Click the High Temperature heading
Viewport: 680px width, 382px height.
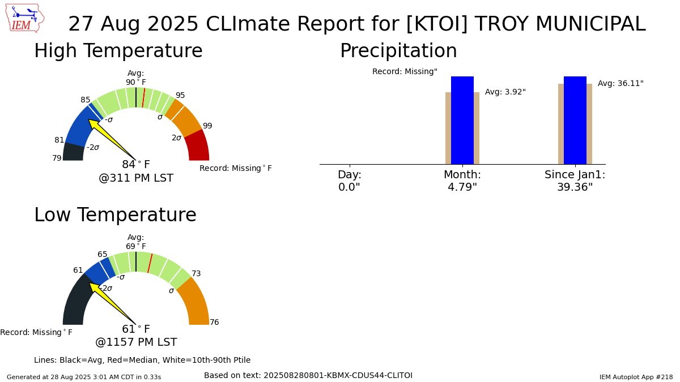click(x=118, y=51)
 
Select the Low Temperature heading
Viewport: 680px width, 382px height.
click(x=115, y=215)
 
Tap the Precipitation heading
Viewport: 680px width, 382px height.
click(x=398, y=51)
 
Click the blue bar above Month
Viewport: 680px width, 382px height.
click(x=462, y=120)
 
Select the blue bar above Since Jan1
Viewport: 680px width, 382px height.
click(x=575, y=120)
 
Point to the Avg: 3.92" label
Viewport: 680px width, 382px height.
click(x=505, y=92)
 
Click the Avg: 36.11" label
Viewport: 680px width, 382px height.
click(x=620, y=83)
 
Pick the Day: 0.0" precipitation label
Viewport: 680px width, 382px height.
click(x=349, y=181)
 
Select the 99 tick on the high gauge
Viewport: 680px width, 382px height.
click(x=207, y=126)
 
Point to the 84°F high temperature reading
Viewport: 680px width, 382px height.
click(x=136, y=165)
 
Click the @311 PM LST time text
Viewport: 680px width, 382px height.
click(x=136, y=178)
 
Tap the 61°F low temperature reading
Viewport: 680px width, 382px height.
click(x=136, y=329)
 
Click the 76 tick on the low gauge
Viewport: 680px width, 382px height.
click(x=214, y=323)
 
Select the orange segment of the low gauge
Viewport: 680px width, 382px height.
click(x=194, y=300)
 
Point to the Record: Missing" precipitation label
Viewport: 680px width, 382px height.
click(x=405, y=72)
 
